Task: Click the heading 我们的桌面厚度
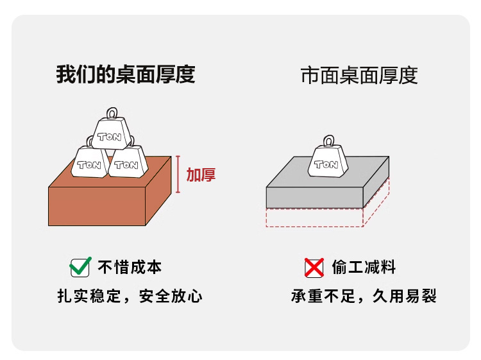125,75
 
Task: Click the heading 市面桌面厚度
359,76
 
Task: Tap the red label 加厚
201,175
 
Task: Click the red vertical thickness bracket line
178,175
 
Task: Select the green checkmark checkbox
80,267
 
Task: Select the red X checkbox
314,267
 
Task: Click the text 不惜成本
130,267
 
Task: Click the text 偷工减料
364,267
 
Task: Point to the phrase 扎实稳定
88,296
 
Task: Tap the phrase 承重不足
322,296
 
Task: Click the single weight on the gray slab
327,162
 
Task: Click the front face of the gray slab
314,198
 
